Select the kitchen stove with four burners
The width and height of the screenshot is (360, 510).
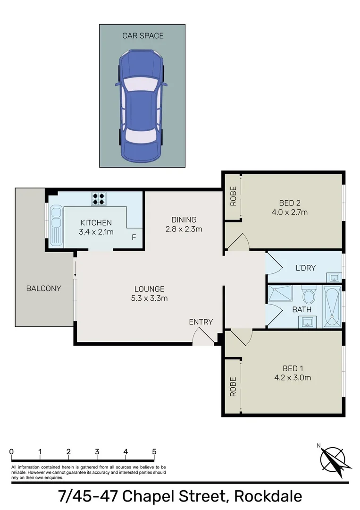point(99,198)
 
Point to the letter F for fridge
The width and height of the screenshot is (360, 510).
point(134,237)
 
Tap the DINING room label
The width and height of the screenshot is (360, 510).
point(184,220)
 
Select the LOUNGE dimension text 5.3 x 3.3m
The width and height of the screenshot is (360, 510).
point(149,298)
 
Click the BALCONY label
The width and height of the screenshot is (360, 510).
point(43,288)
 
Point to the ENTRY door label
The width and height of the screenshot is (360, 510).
point(201,322)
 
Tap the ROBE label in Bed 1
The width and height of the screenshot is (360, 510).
point(233,387)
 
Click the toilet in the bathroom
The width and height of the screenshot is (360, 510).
point(309,296)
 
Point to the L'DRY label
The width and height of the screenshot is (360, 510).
point(305,268)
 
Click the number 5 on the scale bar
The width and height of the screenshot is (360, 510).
point(154,451)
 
